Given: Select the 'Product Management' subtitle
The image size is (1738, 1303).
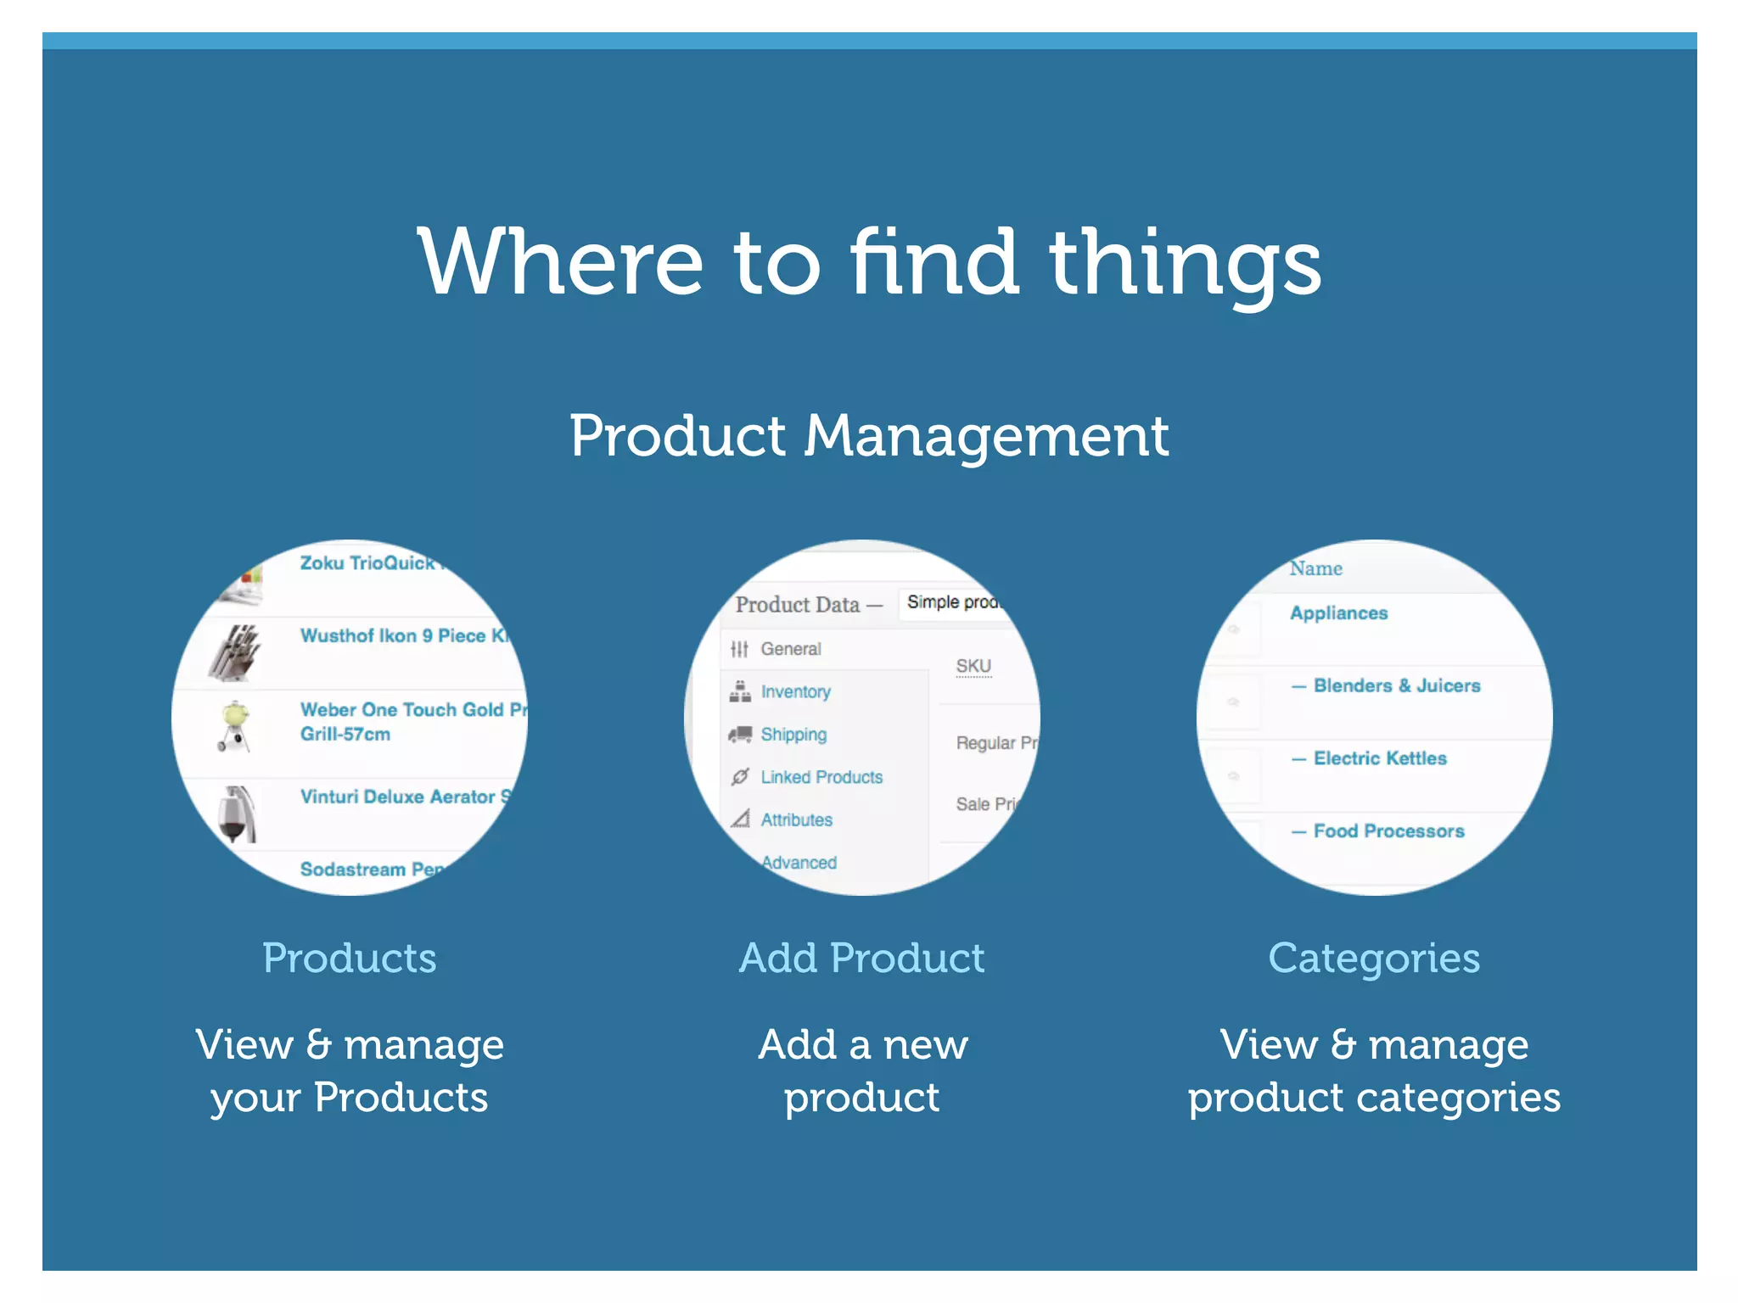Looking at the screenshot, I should click(x=869, y=436).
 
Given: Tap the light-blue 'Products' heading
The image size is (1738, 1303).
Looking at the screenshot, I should click(x=349, y=959).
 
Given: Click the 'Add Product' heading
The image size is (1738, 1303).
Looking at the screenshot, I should click(x=861, y=959).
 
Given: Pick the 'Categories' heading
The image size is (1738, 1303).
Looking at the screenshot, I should click(x=1373, y=959).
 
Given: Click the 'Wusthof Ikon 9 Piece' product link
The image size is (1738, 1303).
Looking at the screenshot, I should click(x=404, y=635).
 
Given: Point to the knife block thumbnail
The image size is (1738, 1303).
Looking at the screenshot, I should click(x=235, y=652).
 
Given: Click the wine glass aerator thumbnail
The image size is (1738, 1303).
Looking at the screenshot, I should click(x=235, y=814).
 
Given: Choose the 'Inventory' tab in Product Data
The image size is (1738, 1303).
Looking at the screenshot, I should click(x=795, y=692).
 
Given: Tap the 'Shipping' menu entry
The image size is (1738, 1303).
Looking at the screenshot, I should click(x=793, y=735).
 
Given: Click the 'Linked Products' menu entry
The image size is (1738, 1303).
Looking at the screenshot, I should click(x=821, y=777).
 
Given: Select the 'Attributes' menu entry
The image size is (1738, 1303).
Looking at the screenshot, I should click(x=796, y=820).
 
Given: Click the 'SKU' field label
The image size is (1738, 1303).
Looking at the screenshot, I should click(x=973, y=667).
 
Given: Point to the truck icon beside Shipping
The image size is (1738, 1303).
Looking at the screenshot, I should click(x=740, y=735).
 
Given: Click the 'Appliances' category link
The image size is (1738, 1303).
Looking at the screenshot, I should click(x=1338, y=613).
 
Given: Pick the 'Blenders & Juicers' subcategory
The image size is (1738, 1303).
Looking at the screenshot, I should click(x=1396, y=685).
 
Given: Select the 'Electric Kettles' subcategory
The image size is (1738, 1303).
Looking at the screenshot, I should click(x=1379, y=758).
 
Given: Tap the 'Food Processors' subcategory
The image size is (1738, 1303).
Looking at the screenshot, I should click(x=1388, y=831).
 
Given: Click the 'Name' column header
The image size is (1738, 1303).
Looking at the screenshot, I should click(x=1315, y=568).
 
